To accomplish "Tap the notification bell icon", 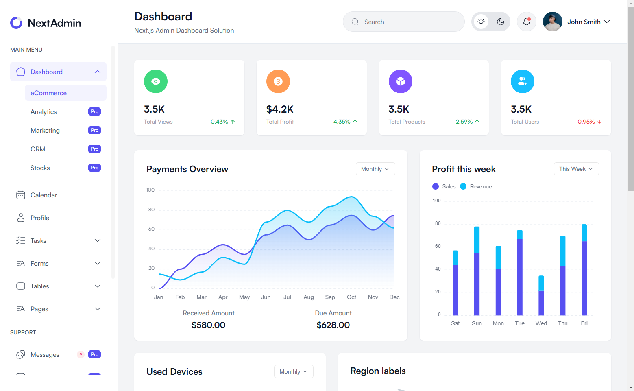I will (527, 22).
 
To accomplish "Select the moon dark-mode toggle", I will (501, 22).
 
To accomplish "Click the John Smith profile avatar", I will (553, 22).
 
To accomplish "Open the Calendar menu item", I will (44, 195).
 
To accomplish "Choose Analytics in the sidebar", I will (44, 112).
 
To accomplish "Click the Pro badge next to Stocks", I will (94, 168).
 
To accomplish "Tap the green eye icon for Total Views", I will (156, 81).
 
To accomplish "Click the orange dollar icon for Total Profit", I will (278, 81).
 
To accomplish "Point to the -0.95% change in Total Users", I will (585, 122).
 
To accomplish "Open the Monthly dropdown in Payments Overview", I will (375, 169).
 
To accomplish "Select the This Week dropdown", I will (576, 169).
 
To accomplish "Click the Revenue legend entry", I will (480, 186).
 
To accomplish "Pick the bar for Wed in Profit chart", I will (541, 296).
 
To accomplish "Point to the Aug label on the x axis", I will (309, 297).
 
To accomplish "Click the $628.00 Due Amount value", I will (333, 325).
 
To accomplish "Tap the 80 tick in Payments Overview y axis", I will (151, 210).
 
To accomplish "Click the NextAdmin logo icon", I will (16, 23).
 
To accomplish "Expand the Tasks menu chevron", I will (98, 240).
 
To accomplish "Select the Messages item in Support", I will (45, 355).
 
